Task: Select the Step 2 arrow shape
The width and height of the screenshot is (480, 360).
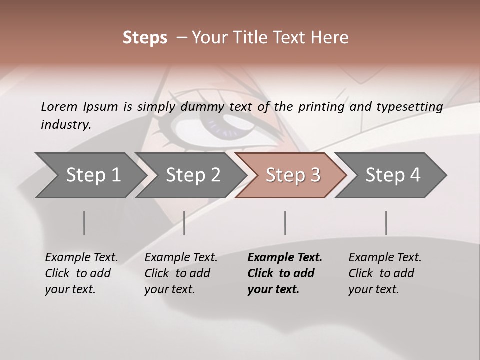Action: (192, 175)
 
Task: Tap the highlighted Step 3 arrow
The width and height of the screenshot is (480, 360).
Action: (292, 175)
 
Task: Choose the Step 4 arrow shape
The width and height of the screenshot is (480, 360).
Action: (392, 175)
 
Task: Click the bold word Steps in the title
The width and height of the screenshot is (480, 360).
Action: (145, 37)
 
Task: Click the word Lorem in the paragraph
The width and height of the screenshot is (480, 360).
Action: (59, 106)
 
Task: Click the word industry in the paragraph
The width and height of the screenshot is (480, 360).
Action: (65, 125)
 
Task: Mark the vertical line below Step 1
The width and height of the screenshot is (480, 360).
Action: (84, 223)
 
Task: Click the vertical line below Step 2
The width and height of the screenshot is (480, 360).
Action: (184, 223)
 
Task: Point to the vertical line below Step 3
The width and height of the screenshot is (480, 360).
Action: (285, 223)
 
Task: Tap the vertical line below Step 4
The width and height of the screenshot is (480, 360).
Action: (386, 223)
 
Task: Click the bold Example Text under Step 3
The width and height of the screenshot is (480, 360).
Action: (285, 258)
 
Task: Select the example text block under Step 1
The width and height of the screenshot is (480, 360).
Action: (81, 273)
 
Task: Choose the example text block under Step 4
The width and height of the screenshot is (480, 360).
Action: (384, 273)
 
